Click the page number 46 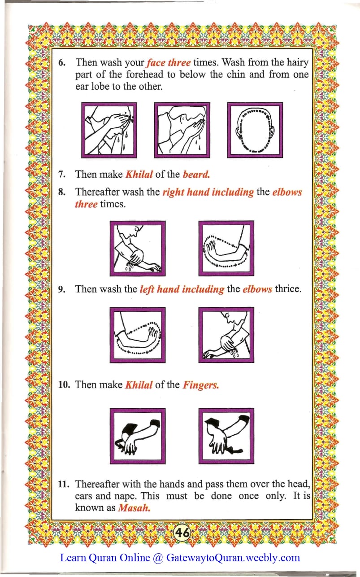click(x=182, y=533)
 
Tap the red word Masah click(x=134, y=508)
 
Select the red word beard click(x=196, y=174)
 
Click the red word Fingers click(x=201, y=385)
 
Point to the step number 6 click(x=62, y=62)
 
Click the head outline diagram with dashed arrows click(x=255, y=130)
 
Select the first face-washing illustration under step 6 click(x=109, y=130)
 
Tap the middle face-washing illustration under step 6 click(x=182, y=130)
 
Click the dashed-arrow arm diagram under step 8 click(x=226, y=248)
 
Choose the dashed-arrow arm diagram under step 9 click(x=138, y=335)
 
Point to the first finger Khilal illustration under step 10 click(x=138, y=436)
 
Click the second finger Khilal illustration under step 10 click(x=226, y=436)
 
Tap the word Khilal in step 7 click(x=139, y=174)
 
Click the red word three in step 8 click(x=86, y=204)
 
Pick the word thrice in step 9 click(x=288, y=289)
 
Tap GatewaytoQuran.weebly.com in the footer click(x=233, y=558)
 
